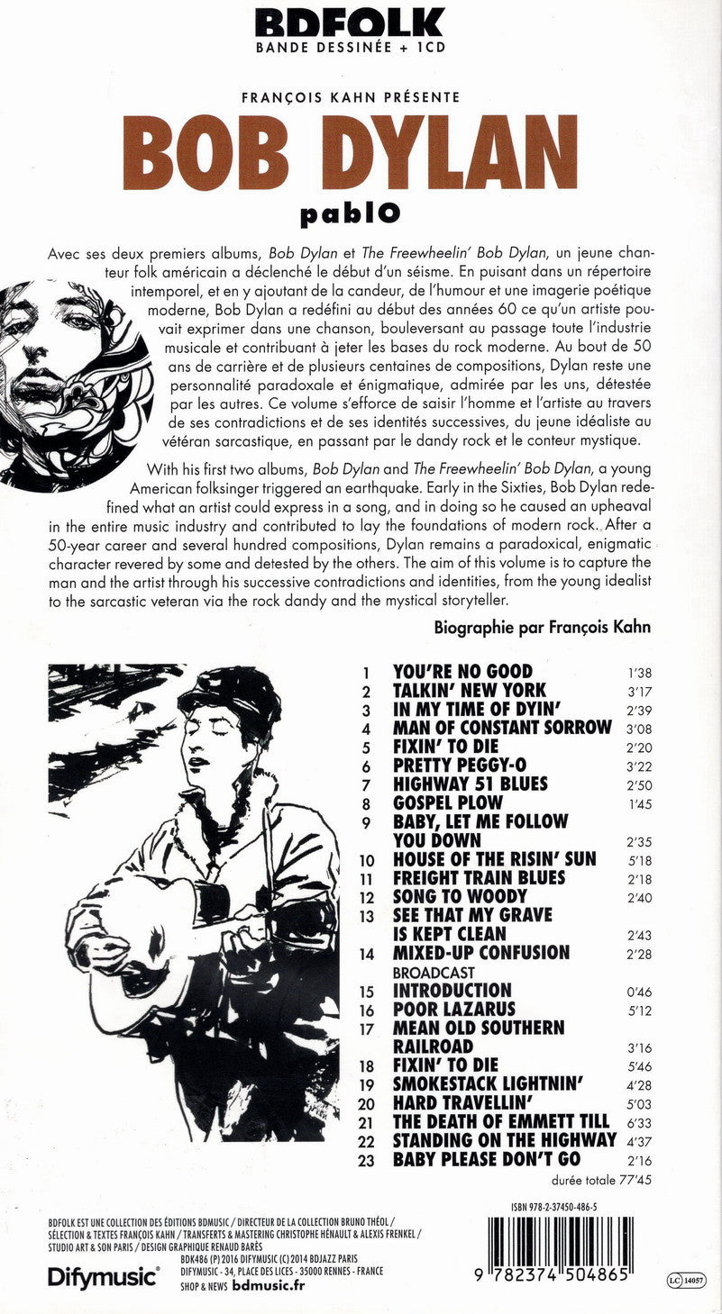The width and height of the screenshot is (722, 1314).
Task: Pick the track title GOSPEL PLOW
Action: pos(448,802)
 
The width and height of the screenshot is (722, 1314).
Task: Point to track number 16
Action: pos(367,1010)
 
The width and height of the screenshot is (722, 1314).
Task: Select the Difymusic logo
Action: pos(103,1276)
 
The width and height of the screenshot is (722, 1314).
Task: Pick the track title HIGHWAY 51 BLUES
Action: pos(470,784)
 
